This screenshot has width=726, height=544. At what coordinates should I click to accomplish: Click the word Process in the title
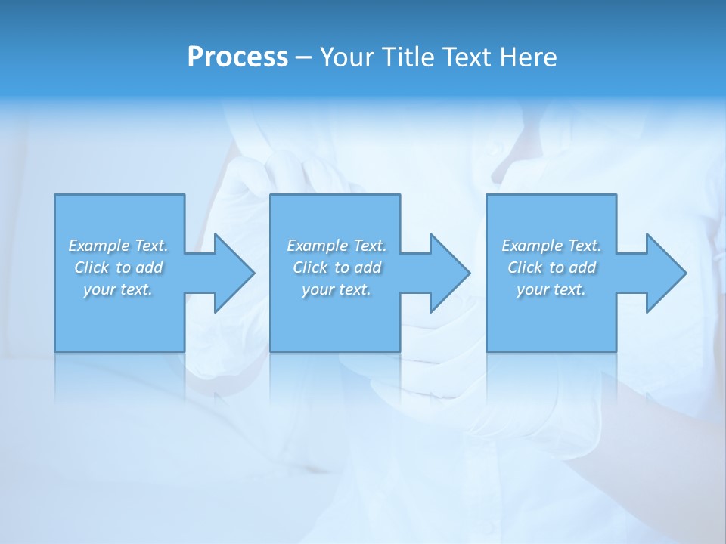pyautogui.click(x=237, y=57)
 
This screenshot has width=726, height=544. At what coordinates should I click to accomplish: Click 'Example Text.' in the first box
pyautogui.click(x=118, y=246)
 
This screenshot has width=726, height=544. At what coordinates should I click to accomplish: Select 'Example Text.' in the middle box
pyautogui.click(x=337, y=246)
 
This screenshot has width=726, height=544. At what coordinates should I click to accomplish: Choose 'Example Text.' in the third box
pyautogui.click(x=551, y=246)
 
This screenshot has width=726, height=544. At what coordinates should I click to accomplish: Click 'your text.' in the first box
pyautogui.click(x=118, y=289)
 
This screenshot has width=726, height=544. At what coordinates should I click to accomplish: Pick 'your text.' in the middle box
pyautogui.click(x=337, y=289)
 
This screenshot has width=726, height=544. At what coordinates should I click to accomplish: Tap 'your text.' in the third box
pyautogui.click(x=551, y=289)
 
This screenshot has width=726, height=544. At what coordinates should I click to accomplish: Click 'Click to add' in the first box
pyautogui.click(x=118, y=267)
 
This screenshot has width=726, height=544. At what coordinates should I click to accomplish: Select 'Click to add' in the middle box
pyautogui.click(x=337, y=267)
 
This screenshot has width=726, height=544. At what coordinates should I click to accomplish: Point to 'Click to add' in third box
pyautogui.click(x=551, y=267)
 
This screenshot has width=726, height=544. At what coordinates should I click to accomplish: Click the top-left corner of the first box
pyautogui.click(x=55, y=196)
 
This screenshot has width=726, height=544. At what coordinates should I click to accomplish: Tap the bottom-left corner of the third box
pyautogui.click(x=487, y=351)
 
